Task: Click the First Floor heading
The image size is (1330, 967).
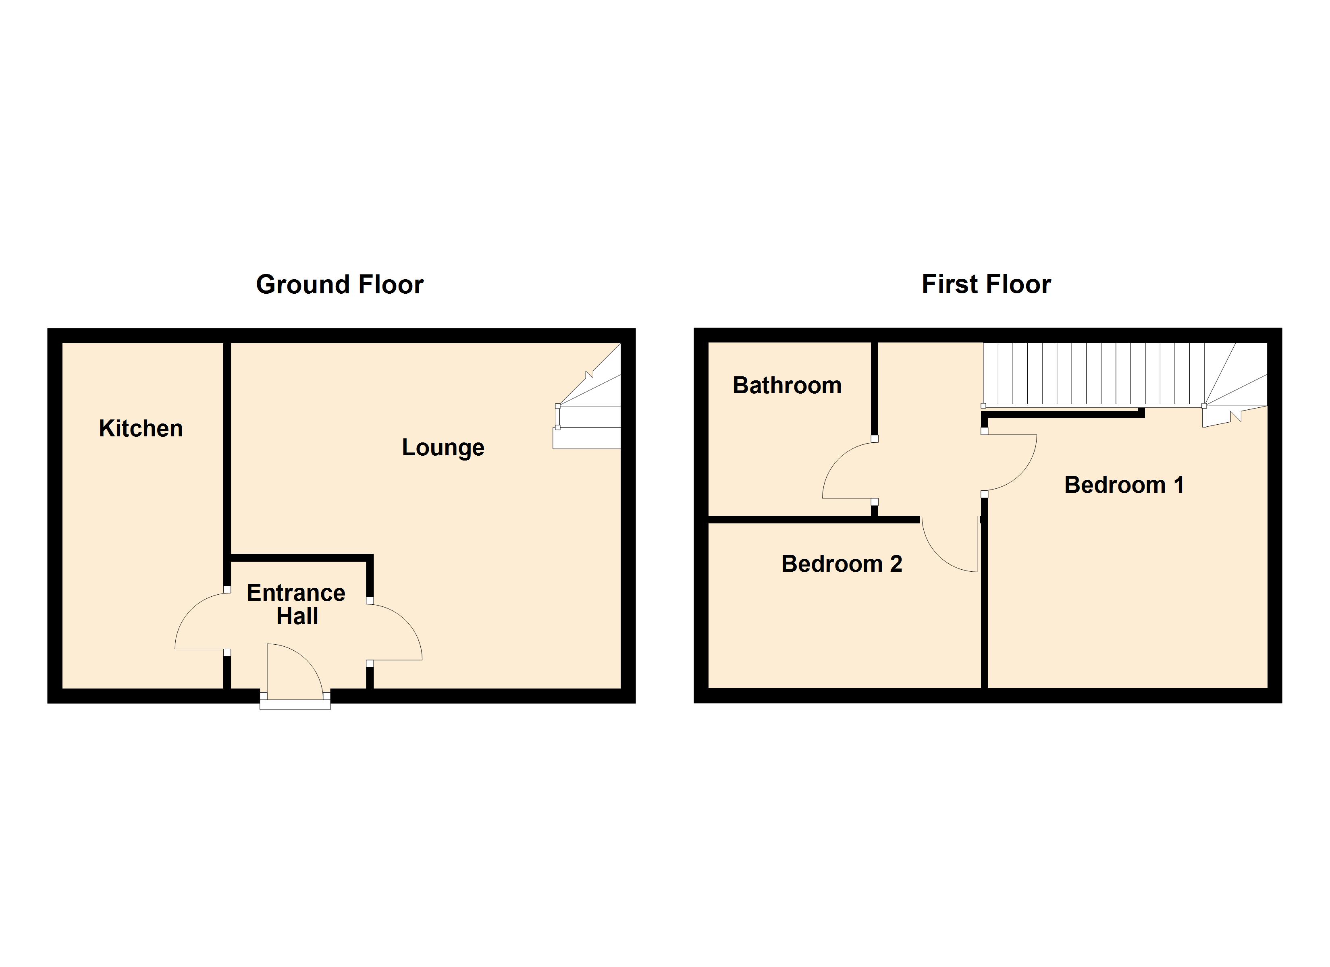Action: click(x=986, y=285)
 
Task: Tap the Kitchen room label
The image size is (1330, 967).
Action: click(x=141, y=429)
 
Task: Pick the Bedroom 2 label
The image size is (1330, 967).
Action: click(x=842, y=564)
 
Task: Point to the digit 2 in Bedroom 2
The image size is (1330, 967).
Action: click(x=896, y=564)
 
